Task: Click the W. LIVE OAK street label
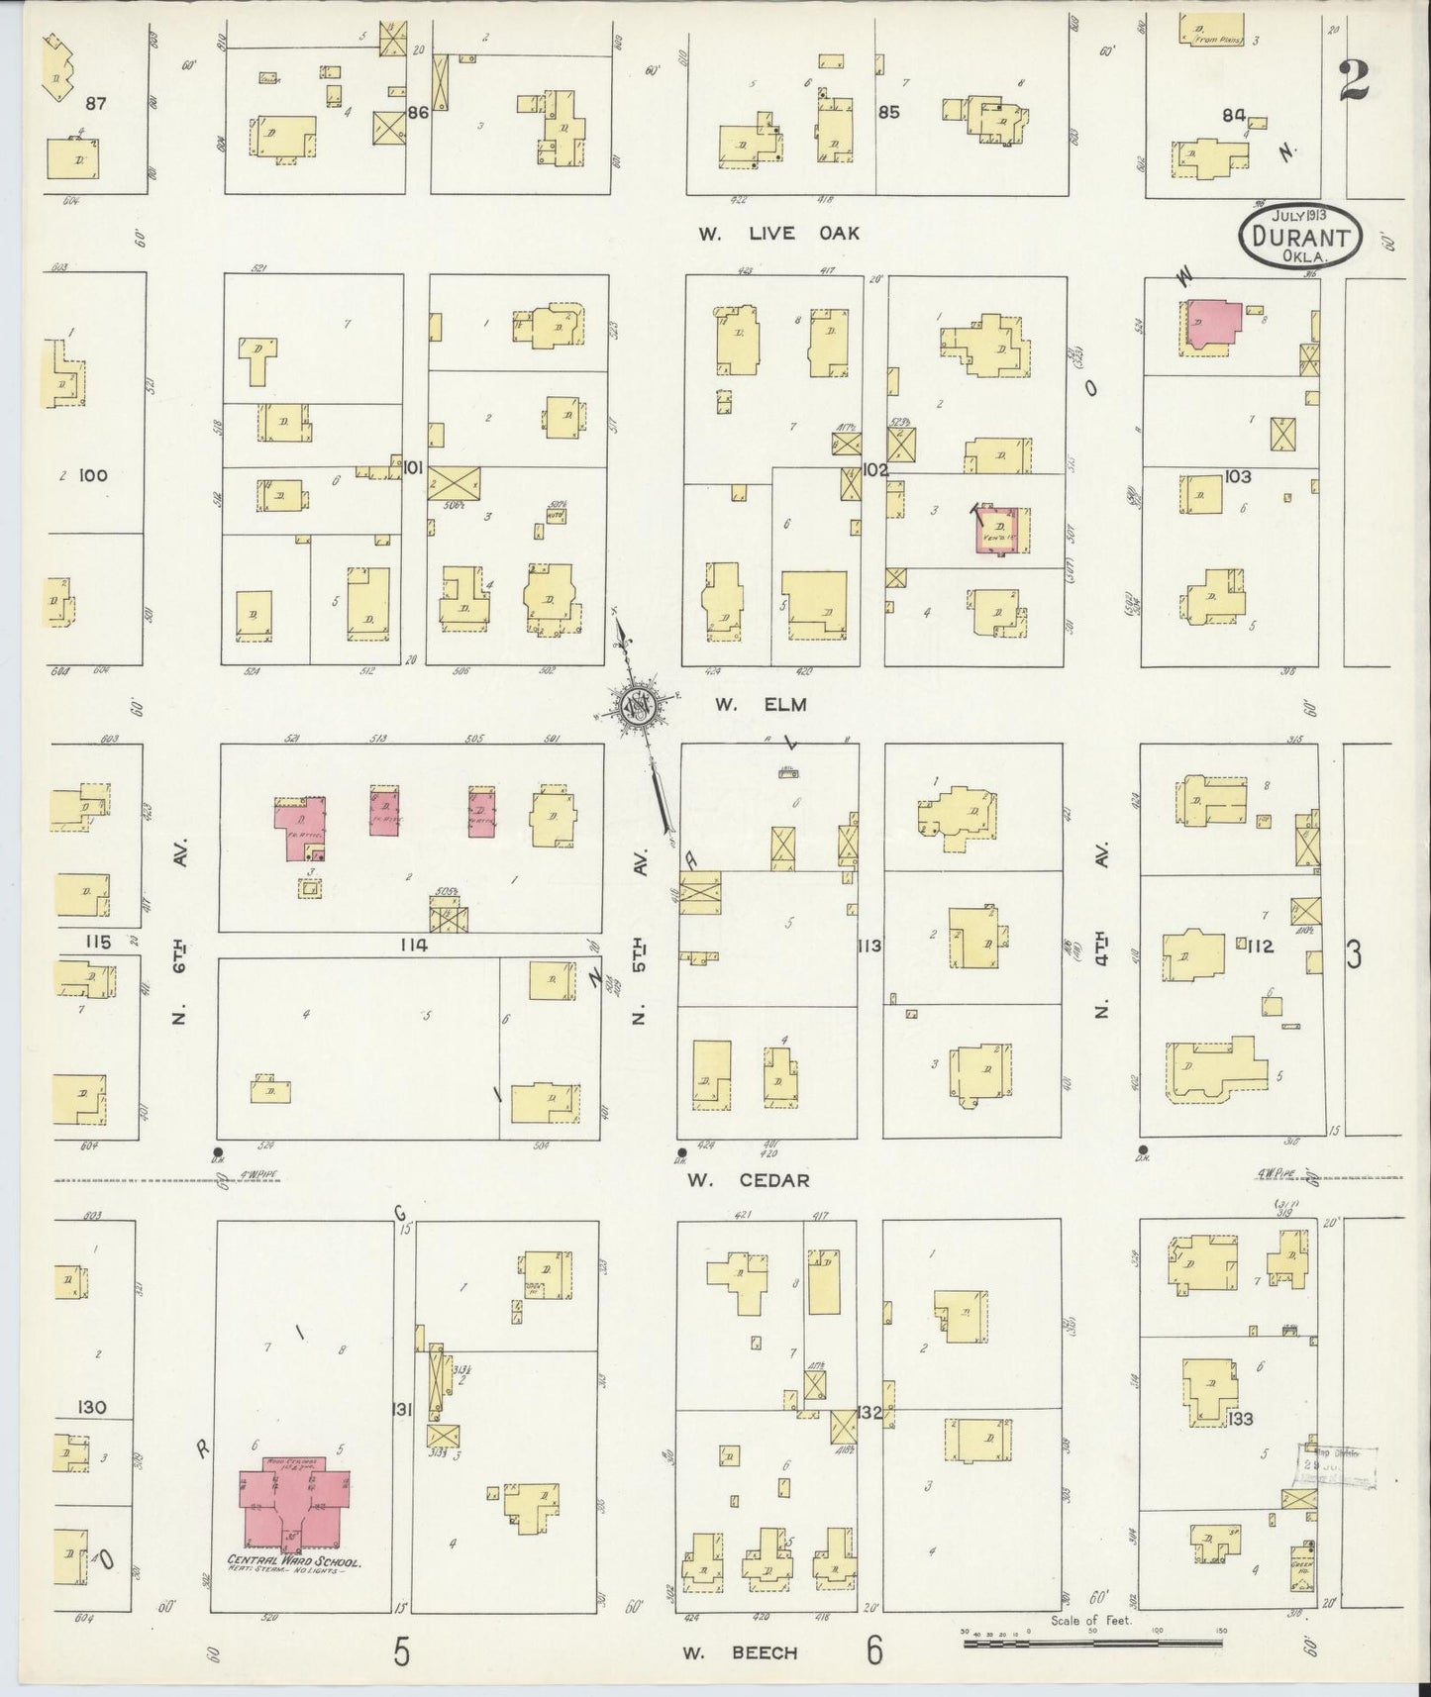(777, 234)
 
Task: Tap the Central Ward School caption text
(294, 1564)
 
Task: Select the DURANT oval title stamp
(1300, 237)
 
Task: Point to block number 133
(1239, 1419)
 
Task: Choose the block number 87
(96, 103)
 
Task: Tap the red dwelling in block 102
(1001, 529)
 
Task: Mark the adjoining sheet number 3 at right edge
(1354, 956)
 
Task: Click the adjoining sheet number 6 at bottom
(873, 1649)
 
